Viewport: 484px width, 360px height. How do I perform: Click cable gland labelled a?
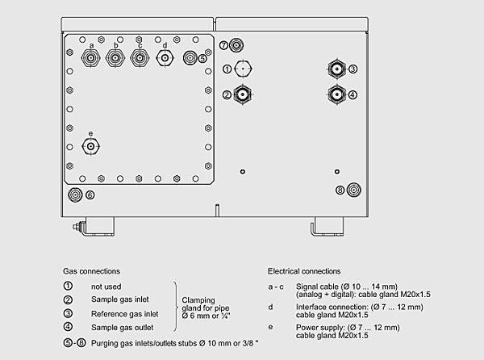pos(92,58)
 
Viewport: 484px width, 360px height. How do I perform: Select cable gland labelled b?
pos(116,58)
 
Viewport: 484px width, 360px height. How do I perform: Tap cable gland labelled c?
pos(140,58)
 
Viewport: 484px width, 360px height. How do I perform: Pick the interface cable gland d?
pos(165,58)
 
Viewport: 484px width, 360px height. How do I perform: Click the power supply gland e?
pos(90,146)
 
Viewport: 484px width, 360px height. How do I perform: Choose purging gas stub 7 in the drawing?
pos(236,45)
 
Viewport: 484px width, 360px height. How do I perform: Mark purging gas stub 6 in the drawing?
pos(75,194)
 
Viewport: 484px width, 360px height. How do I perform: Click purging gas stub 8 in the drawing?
pos(353,190)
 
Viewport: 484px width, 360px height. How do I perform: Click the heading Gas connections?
pos(91,271)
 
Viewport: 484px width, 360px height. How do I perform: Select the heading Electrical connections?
pos(304,271)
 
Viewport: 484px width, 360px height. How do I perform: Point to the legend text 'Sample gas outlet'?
pos(123,327)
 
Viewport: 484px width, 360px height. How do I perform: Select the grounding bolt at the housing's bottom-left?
pos(78,228)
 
